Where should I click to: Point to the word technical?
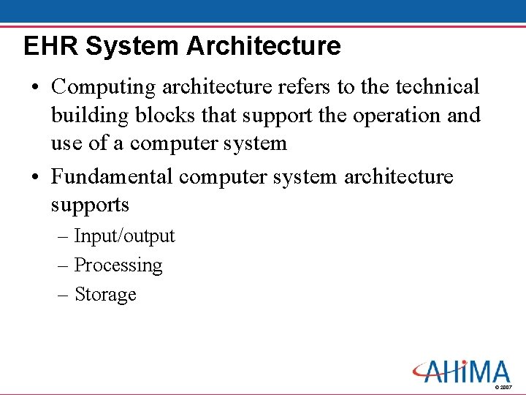(438, 87)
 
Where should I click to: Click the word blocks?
(164, 116)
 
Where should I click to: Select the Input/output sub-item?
(124, 236)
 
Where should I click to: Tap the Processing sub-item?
(118, 265)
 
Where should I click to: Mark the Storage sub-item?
(105, 294)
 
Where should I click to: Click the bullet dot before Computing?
(36, 88)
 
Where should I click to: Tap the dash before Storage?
(62, 294)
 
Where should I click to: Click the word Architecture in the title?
(264, 46)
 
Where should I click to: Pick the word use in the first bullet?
(66, 144)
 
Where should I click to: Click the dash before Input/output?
(62, 236)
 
